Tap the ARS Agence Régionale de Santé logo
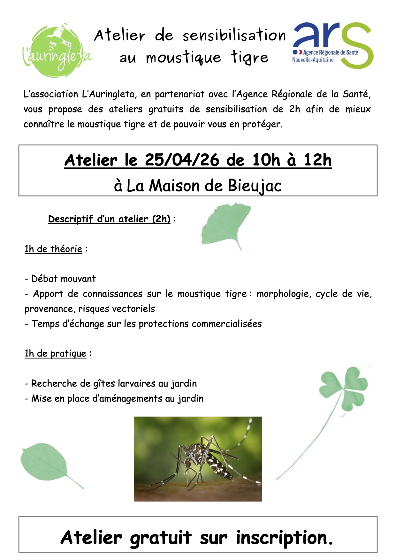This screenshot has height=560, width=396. tap(332, 45)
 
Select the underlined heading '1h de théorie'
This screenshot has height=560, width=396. tap(53, 249)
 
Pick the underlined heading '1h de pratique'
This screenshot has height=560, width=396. tap(55, 353)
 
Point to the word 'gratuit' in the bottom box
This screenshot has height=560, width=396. tap(161, 538)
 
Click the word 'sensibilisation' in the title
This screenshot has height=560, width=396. tap(234, 35)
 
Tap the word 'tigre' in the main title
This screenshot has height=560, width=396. tap(250, 58)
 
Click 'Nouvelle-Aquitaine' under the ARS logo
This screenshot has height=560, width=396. tap(313, 60)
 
